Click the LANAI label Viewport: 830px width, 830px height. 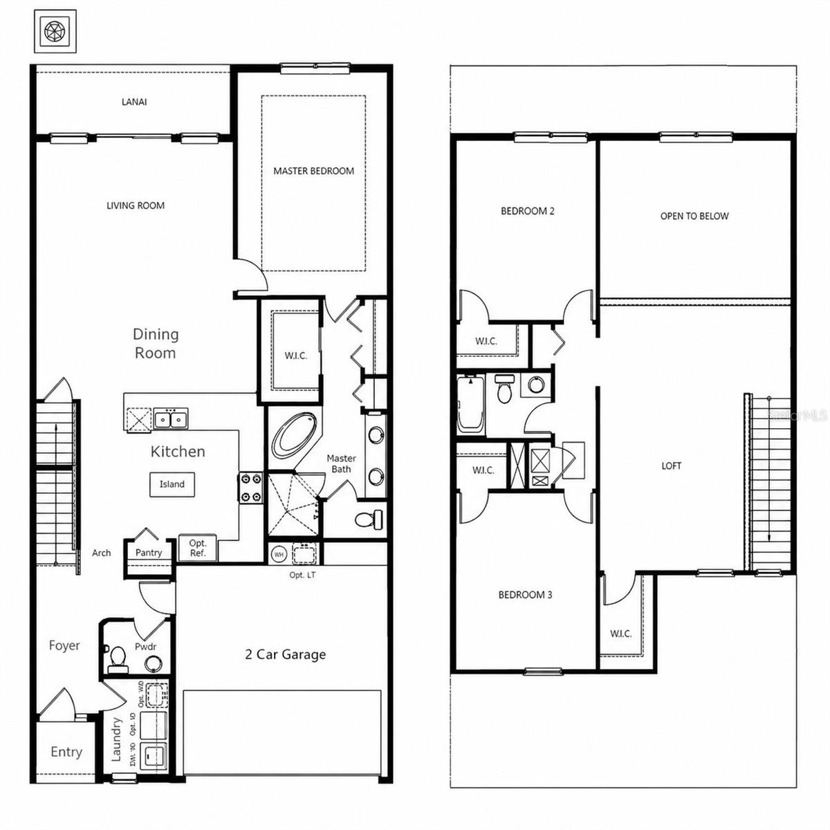[134, 102]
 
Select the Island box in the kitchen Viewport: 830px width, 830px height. [172, 484]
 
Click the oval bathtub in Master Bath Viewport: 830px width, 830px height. [295, 435]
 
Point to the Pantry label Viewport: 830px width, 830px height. [149, 553]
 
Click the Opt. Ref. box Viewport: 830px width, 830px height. [198, 548]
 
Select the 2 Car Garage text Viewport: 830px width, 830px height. [285, 654]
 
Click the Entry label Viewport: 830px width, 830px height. [66, 752]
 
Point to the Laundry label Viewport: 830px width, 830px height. [117, 739]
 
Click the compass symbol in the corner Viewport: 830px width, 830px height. [55, 31]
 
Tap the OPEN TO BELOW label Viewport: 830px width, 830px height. [694, 216]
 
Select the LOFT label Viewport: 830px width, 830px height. [671, 465]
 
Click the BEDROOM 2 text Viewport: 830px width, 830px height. [527, 211]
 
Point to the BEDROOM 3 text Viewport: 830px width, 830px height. [525, 594]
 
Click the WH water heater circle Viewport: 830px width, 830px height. [279, 554]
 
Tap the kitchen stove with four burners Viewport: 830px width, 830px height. [250, 487]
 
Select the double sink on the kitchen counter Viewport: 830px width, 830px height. [169, 419]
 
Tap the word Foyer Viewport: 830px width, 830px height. [64, 645]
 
